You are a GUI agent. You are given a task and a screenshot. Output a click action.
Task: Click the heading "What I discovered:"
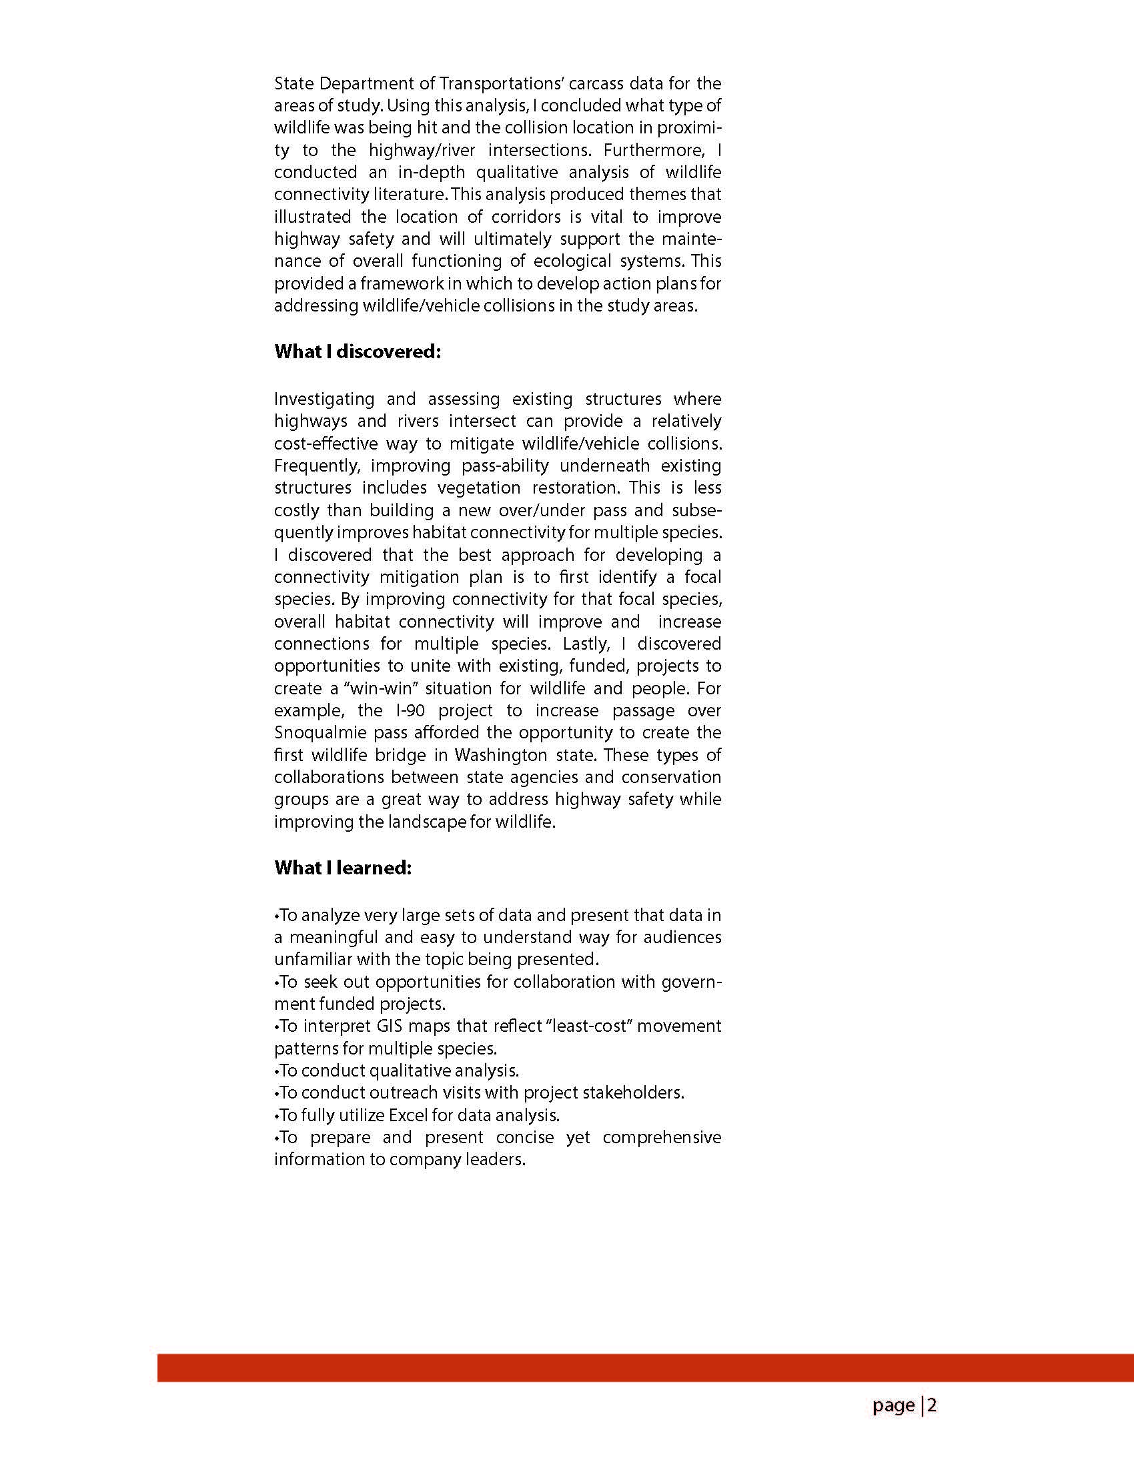[357, 351]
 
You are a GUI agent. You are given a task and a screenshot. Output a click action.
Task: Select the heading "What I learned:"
[342, 868]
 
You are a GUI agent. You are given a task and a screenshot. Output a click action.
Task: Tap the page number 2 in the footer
[932, 1405]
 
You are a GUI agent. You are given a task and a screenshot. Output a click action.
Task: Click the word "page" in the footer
[893, 1405]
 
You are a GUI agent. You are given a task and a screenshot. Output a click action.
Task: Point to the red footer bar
[645, 1368]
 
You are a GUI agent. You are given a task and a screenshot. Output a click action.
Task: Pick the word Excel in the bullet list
[408, 1115]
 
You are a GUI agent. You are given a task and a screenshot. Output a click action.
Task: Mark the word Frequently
[316, 466]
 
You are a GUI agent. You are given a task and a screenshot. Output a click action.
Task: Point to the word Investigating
[324, 400]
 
